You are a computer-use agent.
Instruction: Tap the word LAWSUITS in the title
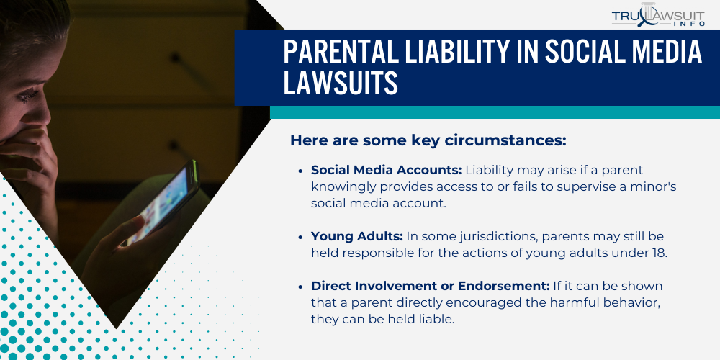(x=341, y=84)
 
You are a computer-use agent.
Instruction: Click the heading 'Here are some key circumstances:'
(x=428, y=140)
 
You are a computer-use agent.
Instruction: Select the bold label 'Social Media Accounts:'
(x=386, y=171)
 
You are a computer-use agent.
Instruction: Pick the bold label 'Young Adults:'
(x=356, y=236)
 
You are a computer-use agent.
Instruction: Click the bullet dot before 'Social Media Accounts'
(x=301, y=171)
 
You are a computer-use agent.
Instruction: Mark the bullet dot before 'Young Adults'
(x=301, y=237)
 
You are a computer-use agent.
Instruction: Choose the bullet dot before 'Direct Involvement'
(x=301, y=287)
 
